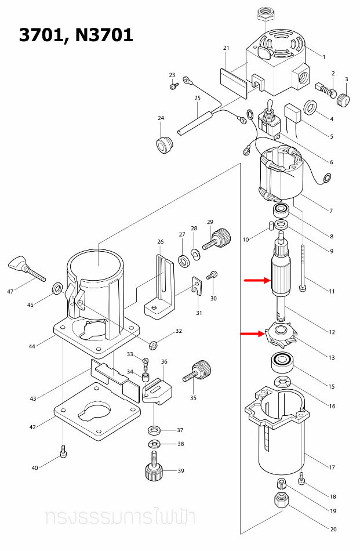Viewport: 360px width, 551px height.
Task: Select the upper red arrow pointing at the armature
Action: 257,281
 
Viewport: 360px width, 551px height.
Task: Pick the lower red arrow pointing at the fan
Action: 253,333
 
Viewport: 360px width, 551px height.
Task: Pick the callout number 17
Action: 332,467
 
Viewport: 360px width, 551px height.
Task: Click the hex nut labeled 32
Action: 154,344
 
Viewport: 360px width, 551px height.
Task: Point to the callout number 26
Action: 161,241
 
